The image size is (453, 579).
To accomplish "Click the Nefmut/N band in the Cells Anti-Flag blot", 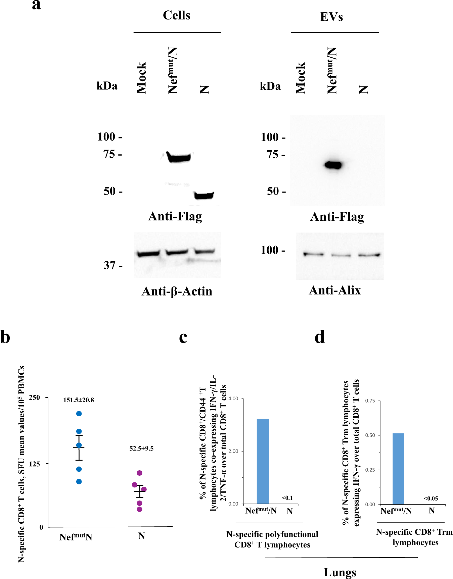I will click(179, 157).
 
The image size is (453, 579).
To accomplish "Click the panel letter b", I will click(5, 337).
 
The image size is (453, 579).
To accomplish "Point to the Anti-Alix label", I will click(335, 290).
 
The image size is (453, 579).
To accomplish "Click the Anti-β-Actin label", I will click(177, 291).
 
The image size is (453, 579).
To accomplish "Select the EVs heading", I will click(331, 17).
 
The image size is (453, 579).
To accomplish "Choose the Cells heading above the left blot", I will click(177, 15).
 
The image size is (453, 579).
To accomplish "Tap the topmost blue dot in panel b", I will click(79, 414).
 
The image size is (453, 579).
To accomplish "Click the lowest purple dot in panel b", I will click(140, 509).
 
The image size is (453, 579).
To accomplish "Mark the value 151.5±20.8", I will click(79, 400).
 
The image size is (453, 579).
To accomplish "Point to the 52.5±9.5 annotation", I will click(141, 449).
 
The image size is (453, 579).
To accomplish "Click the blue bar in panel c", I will click(263, 461).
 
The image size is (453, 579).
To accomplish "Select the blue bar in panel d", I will click(398, 469).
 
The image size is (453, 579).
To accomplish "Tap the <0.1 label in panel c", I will click(287, 498).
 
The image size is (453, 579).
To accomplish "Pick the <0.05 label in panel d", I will click(431, 498).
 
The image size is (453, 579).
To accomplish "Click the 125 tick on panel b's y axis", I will click(35, 464).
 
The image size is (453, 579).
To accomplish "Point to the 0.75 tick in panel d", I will click(370, 401).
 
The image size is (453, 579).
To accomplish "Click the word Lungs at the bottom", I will click(340, 572).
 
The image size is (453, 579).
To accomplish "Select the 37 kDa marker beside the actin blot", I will click(110, 265).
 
